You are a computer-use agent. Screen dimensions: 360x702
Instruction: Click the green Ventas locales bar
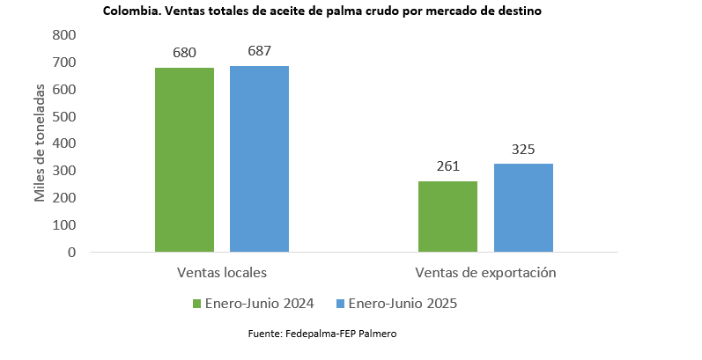[184, 159]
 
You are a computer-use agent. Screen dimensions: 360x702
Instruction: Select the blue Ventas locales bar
[259, 158]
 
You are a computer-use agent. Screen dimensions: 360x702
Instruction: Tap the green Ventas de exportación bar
[447, 217]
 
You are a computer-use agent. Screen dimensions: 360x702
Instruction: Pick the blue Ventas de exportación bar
[523, 208]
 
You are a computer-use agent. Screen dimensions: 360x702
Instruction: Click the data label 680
[184, 53]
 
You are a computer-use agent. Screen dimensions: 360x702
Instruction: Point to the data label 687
[259, 50]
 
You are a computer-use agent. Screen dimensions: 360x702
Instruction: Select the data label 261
[447, 165]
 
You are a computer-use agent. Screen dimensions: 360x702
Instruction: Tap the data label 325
[523, 149]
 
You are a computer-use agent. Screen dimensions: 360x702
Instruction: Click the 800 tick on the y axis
[64, 35]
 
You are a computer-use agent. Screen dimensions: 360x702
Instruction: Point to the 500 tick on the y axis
[64, 116]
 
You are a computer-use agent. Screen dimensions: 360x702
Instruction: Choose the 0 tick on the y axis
[71, 253]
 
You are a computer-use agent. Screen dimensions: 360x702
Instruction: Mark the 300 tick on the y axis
[64, 171]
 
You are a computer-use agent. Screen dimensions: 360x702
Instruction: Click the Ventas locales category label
[221, 272]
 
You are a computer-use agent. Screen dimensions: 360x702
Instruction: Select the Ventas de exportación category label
[485, 272]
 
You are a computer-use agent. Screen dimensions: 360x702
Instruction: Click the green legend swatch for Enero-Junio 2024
[197, 304]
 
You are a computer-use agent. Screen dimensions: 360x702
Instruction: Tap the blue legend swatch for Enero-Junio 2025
[342, 304]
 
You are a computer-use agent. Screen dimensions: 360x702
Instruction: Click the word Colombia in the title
[129, 11]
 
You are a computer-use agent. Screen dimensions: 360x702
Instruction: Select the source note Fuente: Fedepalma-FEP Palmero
[329, 334]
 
